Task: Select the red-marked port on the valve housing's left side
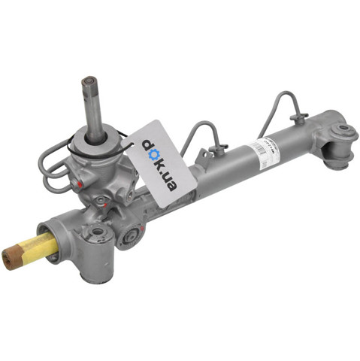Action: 77,182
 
